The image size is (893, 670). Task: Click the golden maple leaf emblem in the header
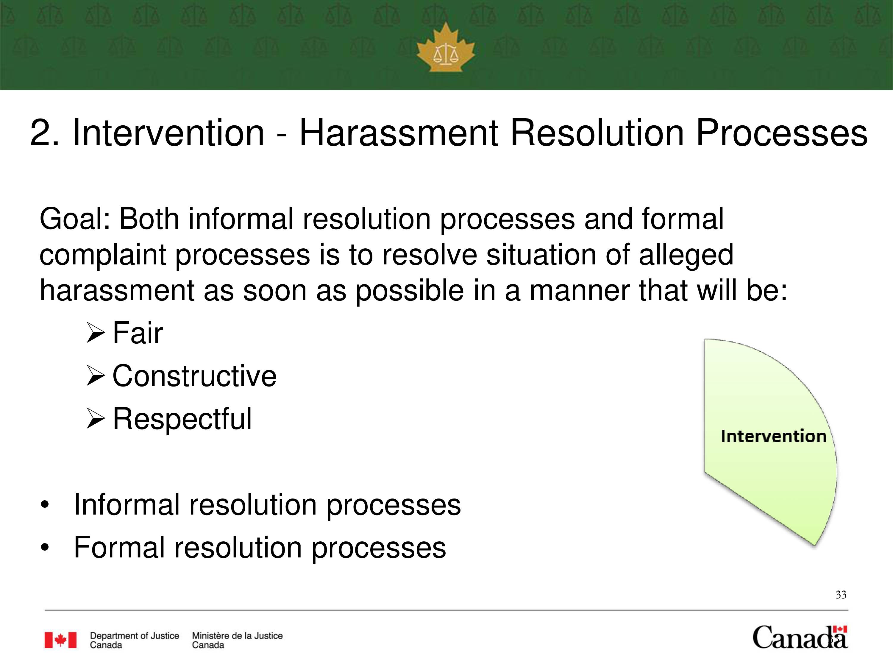click(446, 47)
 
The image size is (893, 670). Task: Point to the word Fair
click(138, 333)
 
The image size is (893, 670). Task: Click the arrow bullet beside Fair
click(96, 333)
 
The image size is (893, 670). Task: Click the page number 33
click(841, 594)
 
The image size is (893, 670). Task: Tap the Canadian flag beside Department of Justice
click(60, 640)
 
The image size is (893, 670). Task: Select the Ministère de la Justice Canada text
click(237, 640)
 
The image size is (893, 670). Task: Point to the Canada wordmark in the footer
click(800, 637)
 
